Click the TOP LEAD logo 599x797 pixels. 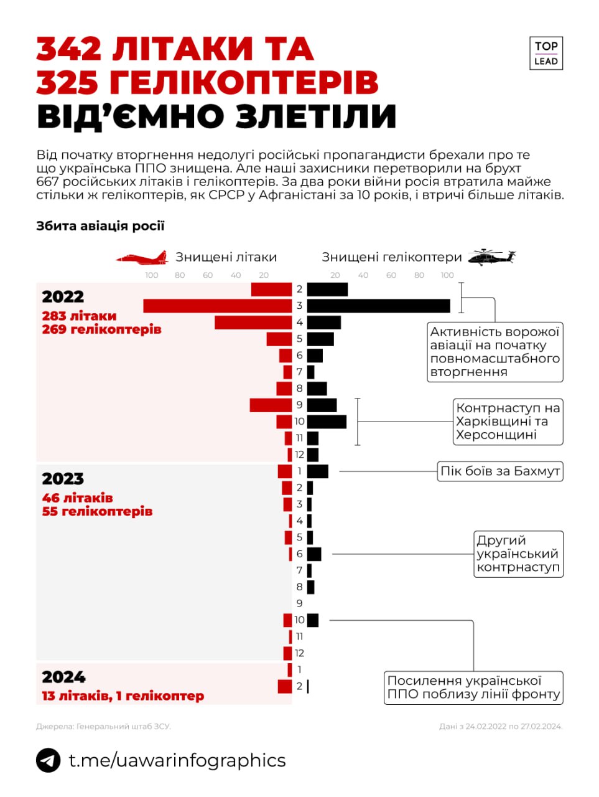coord(546,53)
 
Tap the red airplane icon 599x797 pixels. coord(142,257)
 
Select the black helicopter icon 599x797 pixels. coord(491,257)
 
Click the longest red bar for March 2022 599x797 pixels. coord(217,306)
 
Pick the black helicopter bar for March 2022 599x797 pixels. coord(378,306)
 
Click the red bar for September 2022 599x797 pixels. coord(271,405)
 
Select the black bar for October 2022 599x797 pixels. coord(327,422)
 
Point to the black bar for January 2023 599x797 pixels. coord(317,471)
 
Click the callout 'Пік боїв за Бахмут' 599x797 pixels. coord(500,471)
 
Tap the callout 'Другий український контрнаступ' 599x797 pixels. coord(518,554)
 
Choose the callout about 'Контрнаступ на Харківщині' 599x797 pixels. coord(508,422)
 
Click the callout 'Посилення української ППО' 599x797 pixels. coord(473,687)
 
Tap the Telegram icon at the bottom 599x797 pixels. coord(48,760)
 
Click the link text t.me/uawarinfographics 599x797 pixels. coord(177,760)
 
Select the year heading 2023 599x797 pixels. coord(63,479)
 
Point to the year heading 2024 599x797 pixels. coord(63,677)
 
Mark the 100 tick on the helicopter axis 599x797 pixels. coord(447,275)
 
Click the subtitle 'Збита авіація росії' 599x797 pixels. coord(100,226)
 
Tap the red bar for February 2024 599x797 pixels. coord(285,686)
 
